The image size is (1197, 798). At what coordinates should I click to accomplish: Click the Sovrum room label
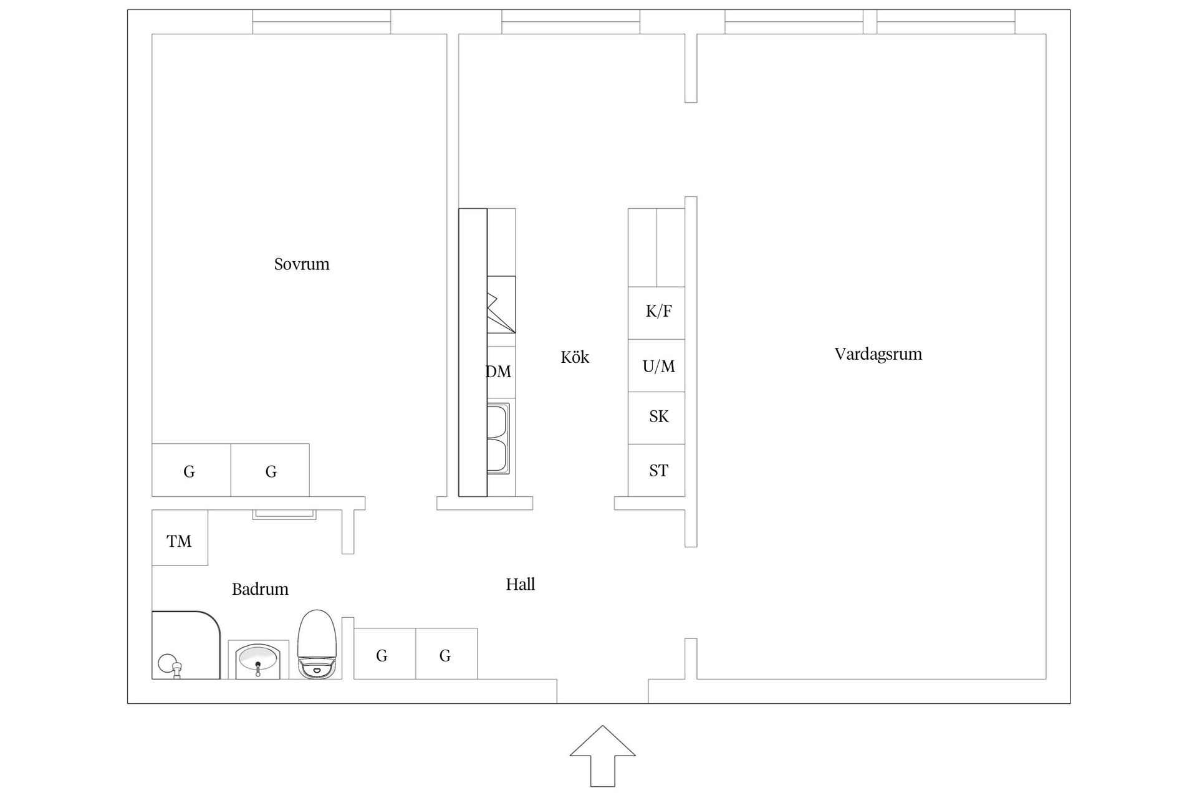pyautogui.click(x=302, y=264)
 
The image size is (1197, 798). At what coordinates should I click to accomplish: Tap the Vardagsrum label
pyautogui.click(x=878, y=354)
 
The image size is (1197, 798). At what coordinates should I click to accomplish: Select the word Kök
pyautogui.click(x=575, y=357)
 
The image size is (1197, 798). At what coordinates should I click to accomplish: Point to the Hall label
pyautogui.click(x=521, y=584)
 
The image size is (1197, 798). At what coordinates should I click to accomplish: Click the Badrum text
pyautogui.click(x=260, y=589)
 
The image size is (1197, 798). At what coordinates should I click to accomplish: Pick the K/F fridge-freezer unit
pyautogui.click(x=656, y=313)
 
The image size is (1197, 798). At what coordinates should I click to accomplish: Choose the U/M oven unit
pyautogui.click(x=656, y=366)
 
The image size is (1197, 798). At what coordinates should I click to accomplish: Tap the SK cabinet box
pyautogui.click(x=656, y=418)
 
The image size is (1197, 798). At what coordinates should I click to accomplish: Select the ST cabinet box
pyautogui.click(x=656, y=471)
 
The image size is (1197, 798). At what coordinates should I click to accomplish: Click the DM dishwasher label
pyautogui.click(x=499, y=372)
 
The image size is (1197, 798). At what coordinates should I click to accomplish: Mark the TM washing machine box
pyautogui.click(x=180, y=537)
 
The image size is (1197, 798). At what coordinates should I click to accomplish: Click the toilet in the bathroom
pyautogui.click(x=317, y=645)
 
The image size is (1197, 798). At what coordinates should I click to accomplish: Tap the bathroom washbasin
pyautogui.click(x=258, y=660)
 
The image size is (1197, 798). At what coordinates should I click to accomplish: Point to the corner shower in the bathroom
pyautogui.click(x=186, y=645)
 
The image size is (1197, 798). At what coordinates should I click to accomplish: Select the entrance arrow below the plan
pyautogui.click(x=602, y=756)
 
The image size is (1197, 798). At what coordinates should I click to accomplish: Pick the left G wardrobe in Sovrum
pyautogui.click(x=191, y=470)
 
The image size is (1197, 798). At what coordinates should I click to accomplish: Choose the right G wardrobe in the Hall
pyautogui.click(x=446, y=653)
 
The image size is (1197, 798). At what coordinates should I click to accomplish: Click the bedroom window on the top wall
pyautogui.click(x=322, y=22)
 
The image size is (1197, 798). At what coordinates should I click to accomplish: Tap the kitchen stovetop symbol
pyautogui.click(x=501, y=305)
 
